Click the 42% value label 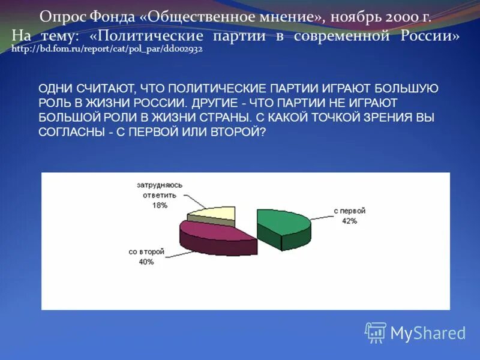pos(350,221)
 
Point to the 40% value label pos(146,262)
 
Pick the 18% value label pos(160,205)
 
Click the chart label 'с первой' pos(350,211)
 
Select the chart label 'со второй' pos(146,252)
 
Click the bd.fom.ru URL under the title pos(107,49)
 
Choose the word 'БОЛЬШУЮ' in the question pos(409,89)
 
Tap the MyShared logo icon pos(376,332)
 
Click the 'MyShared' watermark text pos(428,333)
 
